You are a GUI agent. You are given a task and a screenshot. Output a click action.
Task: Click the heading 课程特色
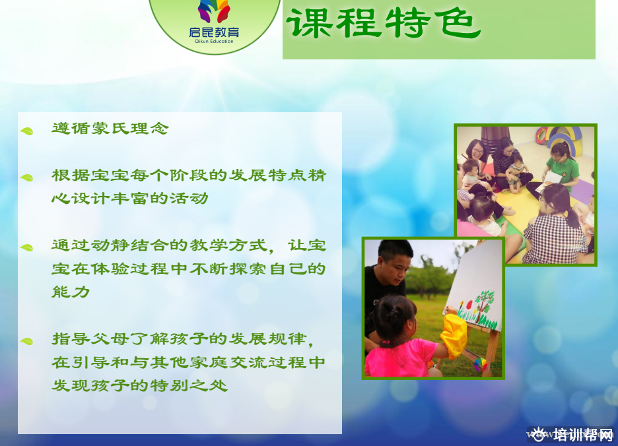coord(384,23)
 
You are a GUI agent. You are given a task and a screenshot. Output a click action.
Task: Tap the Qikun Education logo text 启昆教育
coord(214,32)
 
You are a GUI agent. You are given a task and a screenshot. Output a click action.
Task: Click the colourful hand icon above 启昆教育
coord(214,11)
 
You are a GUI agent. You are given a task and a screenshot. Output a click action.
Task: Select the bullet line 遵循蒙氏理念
coord(110,128)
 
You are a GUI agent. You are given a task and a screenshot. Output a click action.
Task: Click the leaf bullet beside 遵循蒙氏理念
coord(27,131)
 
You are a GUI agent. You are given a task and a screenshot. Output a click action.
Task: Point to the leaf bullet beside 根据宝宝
coord(27,177)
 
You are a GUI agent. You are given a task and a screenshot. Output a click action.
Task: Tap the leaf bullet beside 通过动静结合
coord(27,247)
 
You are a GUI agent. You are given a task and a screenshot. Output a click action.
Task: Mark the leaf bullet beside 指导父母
coord(27,341)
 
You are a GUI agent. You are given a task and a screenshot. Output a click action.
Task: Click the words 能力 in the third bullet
coord(71,292)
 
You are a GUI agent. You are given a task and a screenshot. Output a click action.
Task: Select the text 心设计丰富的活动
coord(129,198)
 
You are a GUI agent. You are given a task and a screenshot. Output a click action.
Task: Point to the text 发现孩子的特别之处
coord(139,385)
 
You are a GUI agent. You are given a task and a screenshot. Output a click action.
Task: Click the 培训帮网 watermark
coord(571,435)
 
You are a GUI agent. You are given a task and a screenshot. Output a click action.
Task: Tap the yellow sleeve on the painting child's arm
coord(453,335)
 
